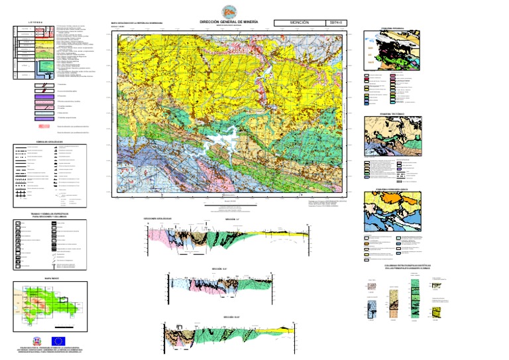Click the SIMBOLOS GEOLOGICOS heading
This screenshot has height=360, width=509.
(x=49, y=141)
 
